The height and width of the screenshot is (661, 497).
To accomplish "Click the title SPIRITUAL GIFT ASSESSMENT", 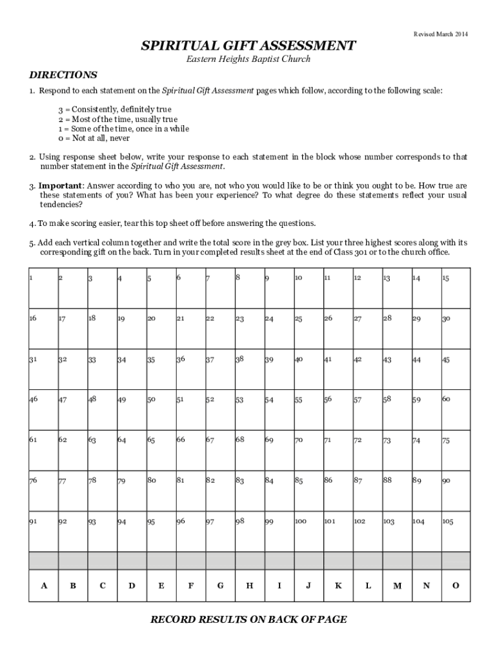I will (x=249, y=46).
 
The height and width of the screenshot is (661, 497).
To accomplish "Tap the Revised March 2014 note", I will (x=441, y=33).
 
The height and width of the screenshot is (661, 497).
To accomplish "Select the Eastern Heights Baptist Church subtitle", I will (x=249, y=59).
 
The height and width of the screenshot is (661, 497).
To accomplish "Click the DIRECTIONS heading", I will (x=63, y=75).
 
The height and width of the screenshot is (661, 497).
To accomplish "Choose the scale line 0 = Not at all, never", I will (x=94, y=138).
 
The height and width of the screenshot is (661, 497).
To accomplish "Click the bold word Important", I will (x=60, y=185).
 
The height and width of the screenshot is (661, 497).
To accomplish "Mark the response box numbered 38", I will (x=249, y=369).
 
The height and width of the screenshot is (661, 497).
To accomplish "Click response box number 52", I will (x=219, y=409).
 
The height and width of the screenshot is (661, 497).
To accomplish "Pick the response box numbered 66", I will (x=190, y=449).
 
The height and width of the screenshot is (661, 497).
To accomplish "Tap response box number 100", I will (x=308, y=530).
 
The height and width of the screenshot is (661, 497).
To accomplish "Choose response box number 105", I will (x=454, y=530).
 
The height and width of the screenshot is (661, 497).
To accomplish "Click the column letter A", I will (x=44, y=585).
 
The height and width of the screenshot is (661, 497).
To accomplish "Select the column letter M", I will (x=396, y=585).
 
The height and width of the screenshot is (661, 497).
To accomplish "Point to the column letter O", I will (x=455, y=585).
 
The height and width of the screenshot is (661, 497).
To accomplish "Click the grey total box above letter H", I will (x=249, y=560).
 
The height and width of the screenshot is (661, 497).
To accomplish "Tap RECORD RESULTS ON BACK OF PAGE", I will (x=249, y=620).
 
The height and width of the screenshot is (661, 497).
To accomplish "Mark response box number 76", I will (x=43, y=490).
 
